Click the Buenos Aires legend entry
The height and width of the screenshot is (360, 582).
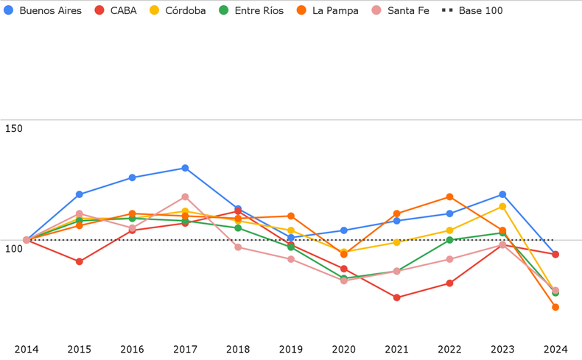tap(43, 11)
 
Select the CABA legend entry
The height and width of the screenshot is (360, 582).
tap(116, 11)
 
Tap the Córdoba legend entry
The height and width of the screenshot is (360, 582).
tap(178, 11)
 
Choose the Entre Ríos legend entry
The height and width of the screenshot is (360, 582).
tap(251, 11)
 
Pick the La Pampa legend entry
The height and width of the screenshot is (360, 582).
tap(328, 11)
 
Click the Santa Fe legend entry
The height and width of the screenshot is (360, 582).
tap(401, 11)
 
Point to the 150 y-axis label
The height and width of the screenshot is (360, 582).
tap(13, 129)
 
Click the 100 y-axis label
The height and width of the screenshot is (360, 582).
tap(13, 249)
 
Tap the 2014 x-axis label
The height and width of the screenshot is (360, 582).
tap(27, 349)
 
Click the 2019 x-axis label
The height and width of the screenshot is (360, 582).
tap(291, 349)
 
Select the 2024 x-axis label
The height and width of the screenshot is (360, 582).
tap(555, 349)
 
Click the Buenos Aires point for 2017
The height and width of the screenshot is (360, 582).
tap(185, 169)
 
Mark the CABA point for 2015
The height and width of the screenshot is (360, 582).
tap(80, 262)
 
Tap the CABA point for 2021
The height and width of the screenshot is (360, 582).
tap(397, 298)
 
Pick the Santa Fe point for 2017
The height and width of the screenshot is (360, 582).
tap(185, 197)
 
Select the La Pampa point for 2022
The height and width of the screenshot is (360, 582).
tap(449, 197)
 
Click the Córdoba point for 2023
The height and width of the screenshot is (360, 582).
tap(502, 207)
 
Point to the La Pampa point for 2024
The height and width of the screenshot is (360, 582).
tap(555, 308)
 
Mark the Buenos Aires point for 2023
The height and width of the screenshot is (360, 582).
tap(502, 195)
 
